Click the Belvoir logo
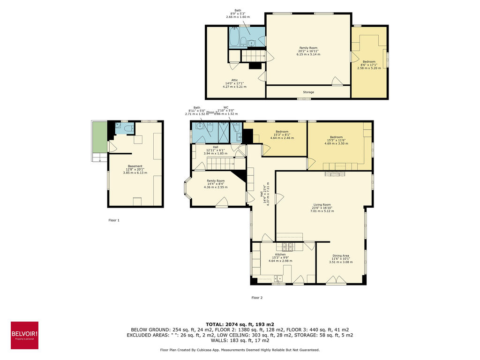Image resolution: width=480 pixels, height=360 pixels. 24,335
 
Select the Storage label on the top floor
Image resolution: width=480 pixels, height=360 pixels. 308,92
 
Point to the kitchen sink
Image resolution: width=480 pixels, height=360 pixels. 278,278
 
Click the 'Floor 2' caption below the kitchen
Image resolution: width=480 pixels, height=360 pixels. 257,298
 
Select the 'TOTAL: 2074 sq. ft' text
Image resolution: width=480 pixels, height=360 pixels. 240,324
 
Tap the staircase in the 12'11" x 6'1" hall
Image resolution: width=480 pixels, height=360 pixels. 220,164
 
